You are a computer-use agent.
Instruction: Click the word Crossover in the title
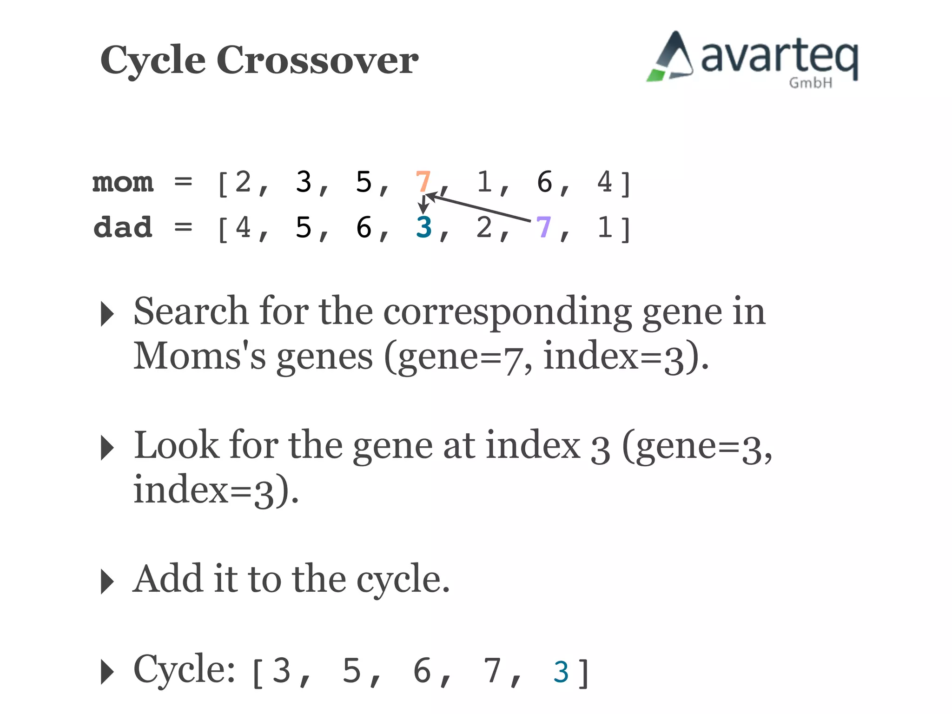(x=317, y=60)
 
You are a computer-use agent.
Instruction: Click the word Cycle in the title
(x=153, y=60)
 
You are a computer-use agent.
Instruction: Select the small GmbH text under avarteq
(x=811, y=83)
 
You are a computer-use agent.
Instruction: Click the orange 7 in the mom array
(x=423, y=181)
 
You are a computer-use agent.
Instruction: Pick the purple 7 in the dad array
(x=543, y=227)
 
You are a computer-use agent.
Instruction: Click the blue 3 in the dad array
(x=423, y=227)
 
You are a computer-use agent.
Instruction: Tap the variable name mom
(x=123, y=182)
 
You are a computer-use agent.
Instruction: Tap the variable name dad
(x=123, y=227)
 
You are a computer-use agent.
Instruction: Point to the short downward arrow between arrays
(x=423, y=205)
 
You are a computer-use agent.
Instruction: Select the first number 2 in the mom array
(x=243, y=181)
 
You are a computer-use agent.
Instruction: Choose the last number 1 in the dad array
(x=605, y=227)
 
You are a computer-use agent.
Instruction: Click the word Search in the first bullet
(x=191, y=311)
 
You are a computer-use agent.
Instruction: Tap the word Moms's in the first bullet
(x=200, y=356)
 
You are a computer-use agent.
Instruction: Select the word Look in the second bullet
(x=176, y=445)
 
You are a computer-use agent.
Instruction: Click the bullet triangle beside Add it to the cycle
(x=107, y=581)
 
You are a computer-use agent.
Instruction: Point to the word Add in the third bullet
(x=168, y=579)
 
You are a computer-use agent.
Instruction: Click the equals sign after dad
(x=183, y=227)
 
